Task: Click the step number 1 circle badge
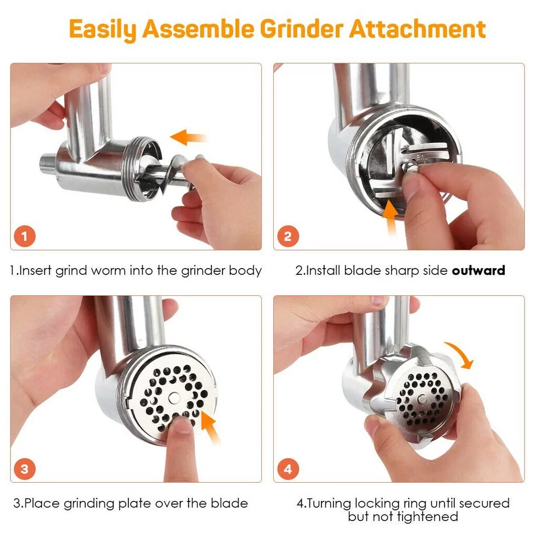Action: [25, 236]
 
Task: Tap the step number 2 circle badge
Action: [288, 236]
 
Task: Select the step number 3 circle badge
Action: [25, 469]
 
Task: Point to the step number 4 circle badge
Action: [288, 469]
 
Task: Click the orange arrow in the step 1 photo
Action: [187, 137]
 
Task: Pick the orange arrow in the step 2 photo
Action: [391, 217]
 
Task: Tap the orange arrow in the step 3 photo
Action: [209, 426]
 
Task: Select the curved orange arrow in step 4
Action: [460, 354]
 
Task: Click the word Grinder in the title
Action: [302, 29]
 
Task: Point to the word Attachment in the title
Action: [418, 29]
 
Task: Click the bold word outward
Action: [478, 271]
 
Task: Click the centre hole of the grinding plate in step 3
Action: [174, 397]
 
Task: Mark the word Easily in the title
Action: [103, 29]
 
